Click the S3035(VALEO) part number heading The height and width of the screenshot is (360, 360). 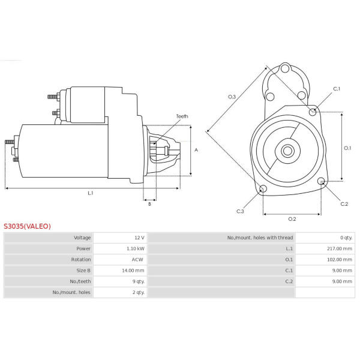[27, 226]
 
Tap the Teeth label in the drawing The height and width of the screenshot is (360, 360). [182, 116]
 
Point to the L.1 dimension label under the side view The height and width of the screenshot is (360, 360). [91, 193]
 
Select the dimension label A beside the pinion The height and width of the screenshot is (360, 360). [196, 150]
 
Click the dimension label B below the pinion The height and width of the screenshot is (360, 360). [149, 204]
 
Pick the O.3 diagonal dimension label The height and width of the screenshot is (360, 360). [232, 97]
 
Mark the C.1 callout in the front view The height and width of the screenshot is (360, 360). [337, 89]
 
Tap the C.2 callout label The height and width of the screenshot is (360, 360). [344, 204]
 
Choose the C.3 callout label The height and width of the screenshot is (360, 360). [240, 211]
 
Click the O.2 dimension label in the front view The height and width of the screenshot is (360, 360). [292, 218]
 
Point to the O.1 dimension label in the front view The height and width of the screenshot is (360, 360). [347, 148]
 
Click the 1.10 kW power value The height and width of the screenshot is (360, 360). [136, 248]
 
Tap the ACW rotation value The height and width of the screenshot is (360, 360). [137, 259]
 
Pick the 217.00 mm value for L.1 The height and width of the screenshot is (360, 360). [340, 248]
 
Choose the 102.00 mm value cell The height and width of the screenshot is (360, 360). [340, 259]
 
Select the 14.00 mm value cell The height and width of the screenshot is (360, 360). [134, 270]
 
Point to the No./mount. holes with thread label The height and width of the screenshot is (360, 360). [260, 238]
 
